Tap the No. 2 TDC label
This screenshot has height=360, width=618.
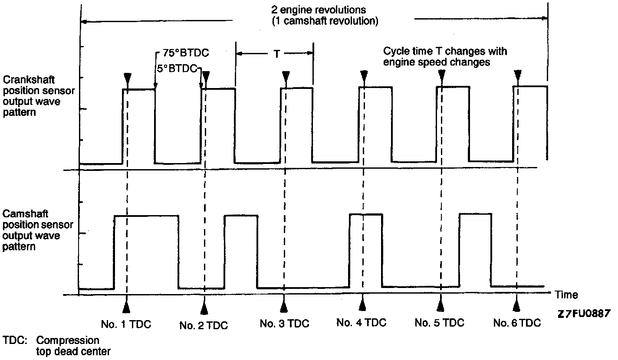[x=204, y=326]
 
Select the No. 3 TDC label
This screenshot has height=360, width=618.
[x=284, y=324]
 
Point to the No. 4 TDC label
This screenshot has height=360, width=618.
[x=361, y=323]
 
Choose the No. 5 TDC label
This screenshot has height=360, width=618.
[x=439, y=323]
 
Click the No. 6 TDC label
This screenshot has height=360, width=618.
[x=517, y=323]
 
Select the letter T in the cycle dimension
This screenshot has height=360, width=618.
[x=276, y=54]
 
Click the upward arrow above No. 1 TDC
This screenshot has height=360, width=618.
[x=126, y=306]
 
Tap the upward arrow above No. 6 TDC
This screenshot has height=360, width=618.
[x=516, y=305]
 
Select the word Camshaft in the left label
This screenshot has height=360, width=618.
[x=25, y=214]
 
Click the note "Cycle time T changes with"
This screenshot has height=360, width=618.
[x=445, y=52]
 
